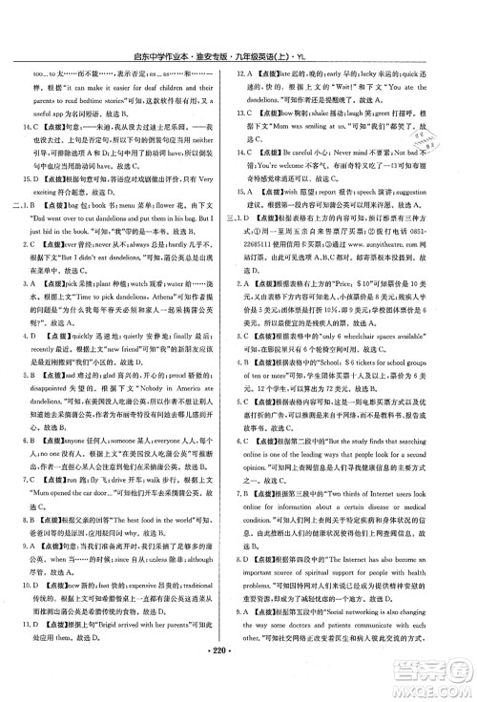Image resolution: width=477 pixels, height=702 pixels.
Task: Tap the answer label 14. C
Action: coord(43,126)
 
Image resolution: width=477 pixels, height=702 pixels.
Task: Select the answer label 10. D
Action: coord(43,606)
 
